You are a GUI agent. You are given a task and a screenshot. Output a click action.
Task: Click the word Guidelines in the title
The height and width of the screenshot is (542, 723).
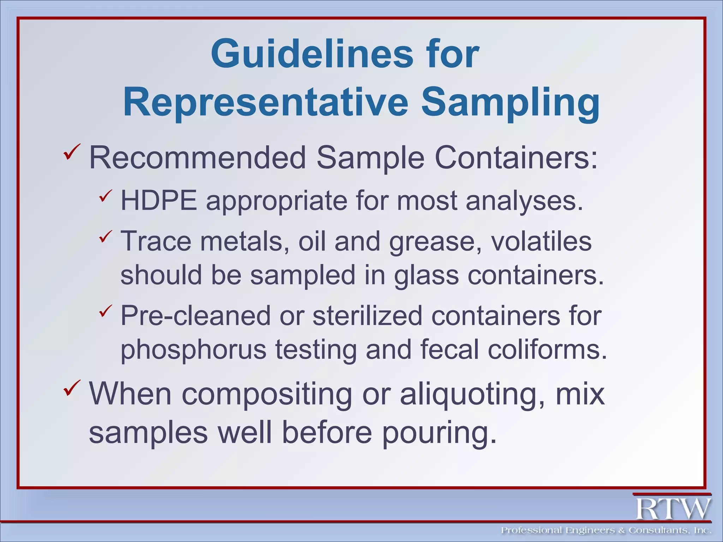coord(312,54)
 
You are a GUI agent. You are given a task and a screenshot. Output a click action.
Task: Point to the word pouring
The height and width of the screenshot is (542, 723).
coord(439,433)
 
